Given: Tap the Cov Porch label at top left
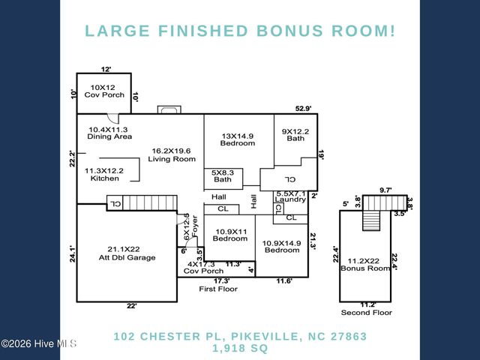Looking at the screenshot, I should (x=103, y=91).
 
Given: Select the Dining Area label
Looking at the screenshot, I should (x=110, y=133).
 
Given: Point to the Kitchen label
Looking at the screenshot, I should (x=103, y=174).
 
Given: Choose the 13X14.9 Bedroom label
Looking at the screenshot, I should (x=237, y=139).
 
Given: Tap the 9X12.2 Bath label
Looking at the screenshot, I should (x=294, y=135).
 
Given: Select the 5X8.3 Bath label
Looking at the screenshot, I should (x=223, y=176).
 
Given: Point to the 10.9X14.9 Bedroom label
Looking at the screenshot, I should (x=282, y=245).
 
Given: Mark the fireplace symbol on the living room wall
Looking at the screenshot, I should (x=168, y=111).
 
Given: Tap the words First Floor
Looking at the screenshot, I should (x=218, y=289).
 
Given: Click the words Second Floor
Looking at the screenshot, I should (x=367, y=312).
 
